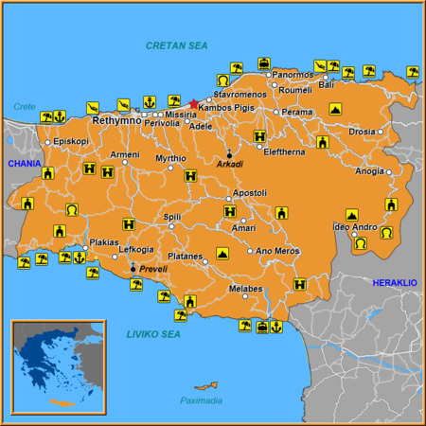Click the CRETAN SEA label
click(178, 45)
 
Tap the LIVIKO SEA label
click(152, 334)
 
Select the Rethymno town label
click(116, 121)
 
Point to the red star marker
click(194, 104)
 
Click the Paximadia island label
click(201, 400)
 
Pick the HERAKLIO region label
click(394, 283)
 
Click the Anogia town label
click(370, 171)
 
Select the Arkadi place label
click(230, 164)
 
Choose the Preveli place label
click(152, 269)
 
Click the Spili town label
click(172, 217)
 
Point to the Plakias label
click(104, 242)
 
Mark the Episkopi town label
click(71, 142)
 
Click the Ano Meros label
click(277, 251)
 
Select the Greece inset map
click(57, 366)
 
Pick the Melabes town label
click(245, 289)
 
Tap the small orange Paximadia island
click(205, 385)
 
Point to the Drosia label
click(363, 132)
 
